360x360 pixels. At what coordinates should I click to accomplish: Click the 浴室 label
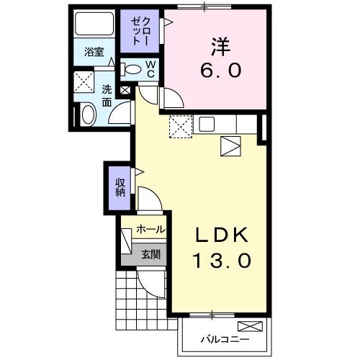click(x=94, y=52)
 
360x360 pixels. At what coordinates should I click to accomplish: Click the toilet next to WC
click(x=134, y=70)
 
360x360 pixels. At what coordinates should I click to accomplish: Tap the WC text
click(x=152, y=69)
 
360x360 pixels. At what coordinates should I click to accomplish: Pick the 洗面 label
click(x=106, y=96)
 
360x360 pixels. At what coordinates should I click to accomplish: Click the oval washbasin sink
click(x=88, y=114)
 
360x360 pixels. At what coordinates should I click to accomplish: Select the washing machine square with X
click(x=85, y=81)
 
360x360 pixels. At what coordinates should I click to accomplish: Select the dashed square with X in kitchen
click(x=180, y=127)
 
